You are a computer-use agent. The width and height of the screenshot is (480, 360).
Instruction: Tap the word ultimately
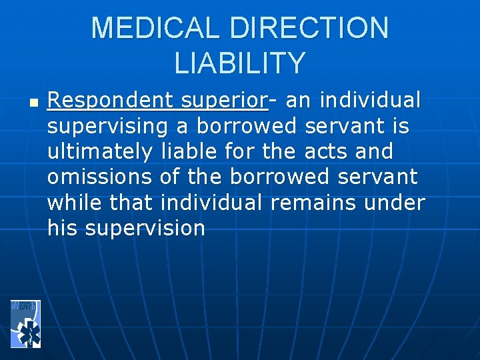(x=99, y=152)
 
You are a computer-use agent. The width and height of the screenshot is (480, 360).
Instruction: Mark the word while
(x=75, y=203)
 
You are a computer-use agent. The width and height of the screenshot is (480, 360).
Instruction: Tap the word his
(x=61, y=228)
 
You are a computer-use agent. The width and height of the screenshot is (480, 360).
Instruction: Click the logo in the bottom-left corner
(x=26, y=323)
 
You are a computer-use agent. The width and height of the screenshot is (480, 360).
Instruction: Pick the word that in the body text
(x=132, y=203)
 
